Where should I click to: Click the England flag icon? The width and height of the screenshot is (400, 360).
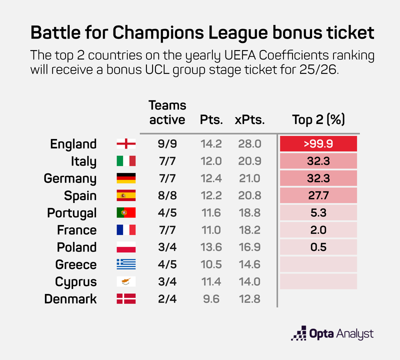click(x=126, y=144)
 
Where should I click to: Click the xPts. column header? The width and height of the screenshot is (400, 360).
click(x=249, y=120)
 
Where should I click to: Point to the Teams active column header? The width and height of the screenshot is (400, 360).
click(x=167, y=112)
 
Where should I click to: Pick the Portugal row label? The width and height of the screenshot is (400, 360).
click(x=71, y=213)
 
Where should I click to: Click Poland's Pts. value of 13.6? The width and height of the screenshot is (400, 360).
click(x=211, y=247)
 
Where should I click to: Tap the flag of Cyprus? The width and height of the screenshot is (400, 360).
click(x=126, y=281)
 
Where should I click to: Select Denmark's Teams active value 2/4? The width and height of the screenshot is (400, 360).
click(x=167, y=299)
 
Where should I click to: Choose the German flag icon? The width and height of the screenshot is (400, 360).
click(x=126, y=178)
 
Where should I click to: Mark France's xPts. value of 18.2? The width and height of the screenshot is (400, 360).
click(x=249, y=230)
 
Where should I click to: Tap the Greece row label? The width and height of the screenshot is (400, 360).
click(x=75, y=264)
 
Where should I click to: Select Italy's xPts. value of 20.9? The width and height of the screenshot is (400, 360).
click(x=249, y=161)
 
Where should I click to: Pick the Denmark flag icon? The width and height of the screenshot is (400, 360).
click(x=126, y=299)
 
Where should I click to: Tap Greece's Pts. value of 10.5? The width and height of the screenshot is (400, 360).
click(x=211, y=264)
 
